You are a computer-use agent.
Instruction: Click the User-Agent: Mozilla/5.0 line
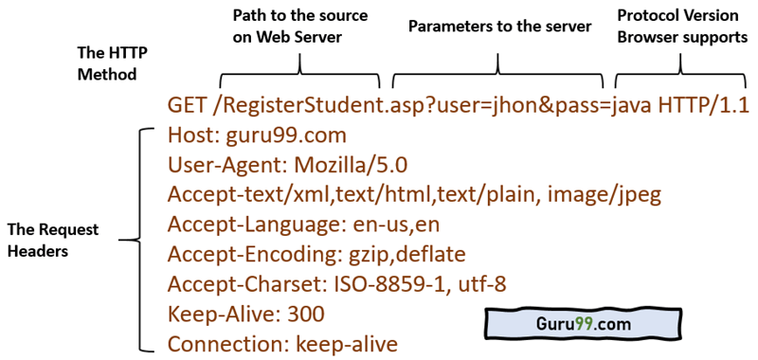(x=287, y=165)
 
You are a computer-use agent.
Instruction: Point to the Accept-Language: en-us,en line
(x=304, y=225)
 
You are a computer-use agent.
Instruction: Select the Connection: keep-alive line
(x=282, y=343)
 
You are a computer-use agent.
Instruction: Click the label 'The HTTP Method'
(x=107, y=63)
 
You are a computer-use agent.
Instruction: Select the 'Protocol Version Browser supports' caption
(x=682, y=26)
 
